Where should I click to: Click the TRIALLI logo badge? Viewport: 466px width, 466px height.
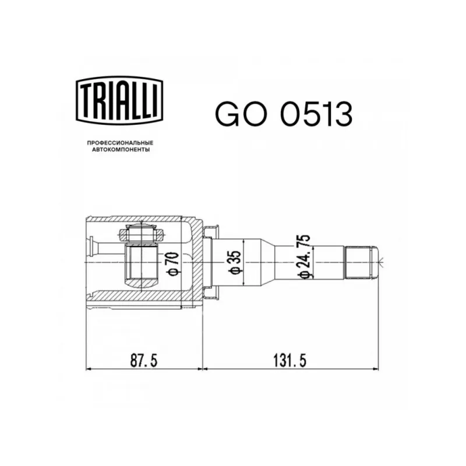click(x=119, y=100)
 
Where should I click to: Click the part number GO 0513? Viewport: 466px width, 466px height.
click(x=284, y=114)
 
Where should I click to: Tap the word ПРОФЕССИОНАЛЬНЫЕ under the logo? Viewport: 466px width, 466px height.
click(x=120, y=143)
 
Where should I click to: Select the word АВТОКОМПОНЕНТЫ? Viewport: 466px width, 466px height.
click(x=121, y=150)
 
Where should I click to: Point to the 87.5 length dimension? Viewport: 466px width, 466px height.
click(x=144, y=361)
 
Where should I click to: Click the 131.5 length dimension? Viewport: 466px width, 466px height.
click(x=290, y=361)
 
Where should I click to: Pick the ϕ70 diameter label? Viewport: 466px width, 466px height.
click(x=174, y=264)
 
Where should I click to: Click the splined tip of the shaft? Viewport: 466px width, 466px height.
click(x=361, y=262)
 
